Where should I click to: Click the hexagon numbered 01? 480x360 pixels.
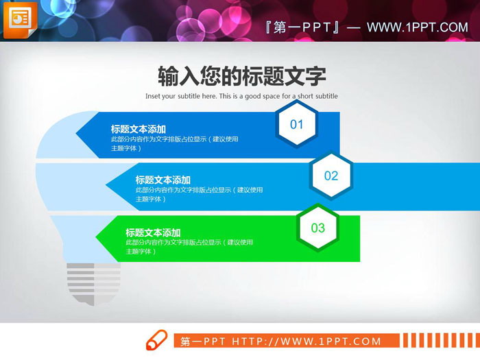[296, 124]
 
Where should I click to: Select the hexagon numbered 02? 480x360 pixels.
[331, 176]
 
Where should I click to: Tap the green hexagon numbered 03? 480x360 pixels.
[317, 228]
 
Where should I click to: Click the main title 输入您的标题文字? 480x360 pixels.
[241, 75]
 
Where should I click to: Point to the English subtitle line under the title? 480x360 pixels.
[241, 96]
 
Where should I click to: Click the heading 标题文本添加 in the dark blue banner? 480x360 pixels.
[138, 129]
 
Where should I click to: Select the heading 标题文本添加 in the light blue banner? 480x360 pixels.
[163, 180]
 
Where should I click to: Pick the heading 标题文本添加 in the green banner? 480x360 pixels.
[153, 232]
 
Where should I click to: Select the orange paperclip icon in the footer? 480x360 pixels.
[156, 340]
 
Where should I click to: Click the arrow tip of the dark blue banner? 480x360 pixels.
[77, 134]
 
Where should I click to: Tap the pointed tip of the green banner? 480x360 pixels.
[97, 238]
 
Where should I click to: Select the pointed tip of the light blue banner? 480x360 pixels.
[107, 185]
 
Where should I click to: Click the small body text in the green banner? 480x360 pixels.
[189, 247]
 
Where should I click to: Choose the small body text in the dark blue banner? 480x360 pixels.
[174, 143]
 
